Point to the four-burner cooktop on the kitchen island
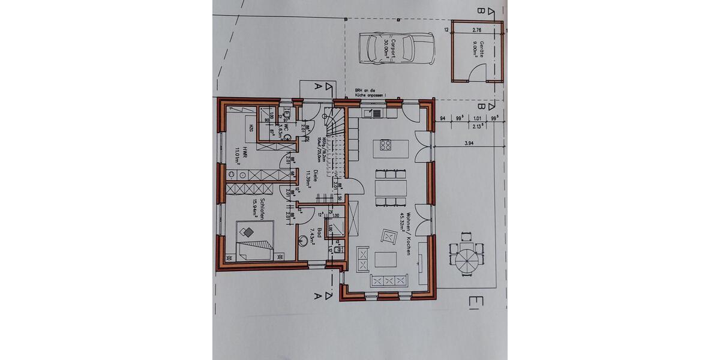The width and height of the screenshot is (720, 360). point(384,145)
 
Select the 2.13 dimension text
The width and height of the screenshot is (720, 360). point(478,126)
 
